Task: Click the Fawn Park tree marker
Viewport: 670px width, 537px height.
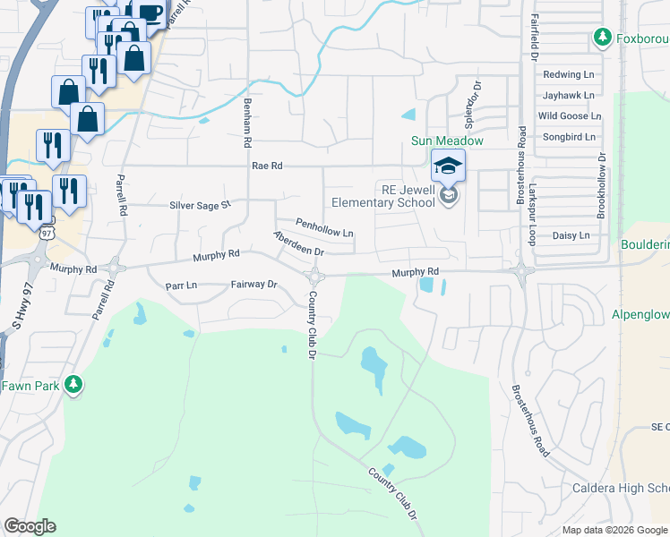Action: pyautogui.click(x=74, y=385)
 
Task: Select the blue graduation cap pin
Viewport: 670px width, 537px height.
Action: pyautogui.click(x=448, y=166)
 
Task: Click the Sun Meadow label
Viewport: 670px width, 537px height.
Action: pyautogui.click(x=447, y=141)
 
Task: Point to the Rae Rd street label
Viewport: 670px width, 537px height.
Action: pyautogui.click(x=267, y=166)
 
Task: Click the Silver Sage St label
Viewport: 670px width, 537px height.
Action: pyautogui.click(x=200, y=205)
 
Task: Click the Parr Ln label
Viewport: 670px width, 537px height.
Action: pyautogui.click(x=181, y=285)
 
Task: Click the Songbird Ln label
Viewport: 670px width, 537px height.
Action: pyautogui.click(x=568, y=136)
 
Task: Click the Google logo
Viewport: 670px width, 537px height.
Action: pyautogui.click(x=30, y=526)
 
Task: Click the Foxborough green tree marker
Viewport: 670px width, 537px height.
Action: pyautogui.click(x=603, y=37)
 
